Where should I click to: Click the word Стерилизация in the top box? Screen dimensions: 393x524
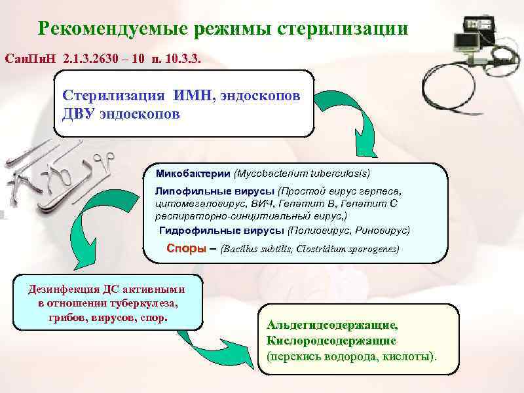(x=115, y=95)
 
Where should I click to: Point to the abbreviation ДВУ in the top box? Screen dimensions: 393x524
(x=80, y=114)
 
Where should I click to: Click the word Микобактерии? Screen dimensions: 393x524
(x=193, y=174)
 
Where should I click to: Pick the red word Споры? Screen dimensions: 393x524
(x=186, y=249)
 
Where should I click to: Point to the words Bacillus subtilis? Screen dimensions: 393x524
(x=257, y=250)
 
